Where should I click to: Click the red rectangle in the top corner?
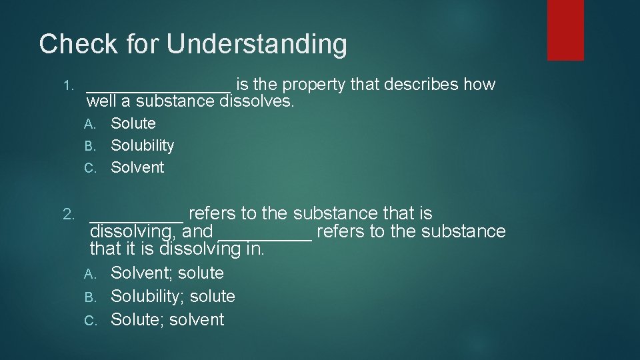pos(565,30)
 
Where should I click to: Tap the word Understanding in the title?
pos(257,45)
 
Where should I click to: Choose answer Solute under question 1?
pos(133,123)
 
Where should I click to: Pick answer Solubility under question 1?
pos(142,145)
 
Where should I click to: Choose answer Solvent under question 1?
pos(137,167)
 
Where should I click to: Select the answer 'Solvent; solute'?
pos(167,273)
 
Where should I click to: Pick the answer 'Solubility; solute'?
pos(173,296)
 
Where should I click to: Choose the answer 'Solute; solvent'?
pos(167,319)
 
